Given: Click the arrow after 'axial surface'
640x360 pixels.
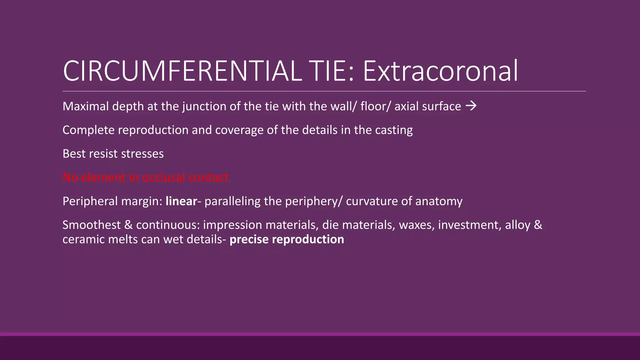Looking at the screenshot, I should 471,106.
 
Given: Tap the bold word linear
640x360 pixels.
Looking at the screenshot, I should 181,201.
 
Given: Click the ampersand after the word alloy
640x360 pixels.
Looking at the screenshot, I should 538,225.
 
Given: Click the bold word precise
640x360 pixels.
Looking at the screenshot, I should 249,240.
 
